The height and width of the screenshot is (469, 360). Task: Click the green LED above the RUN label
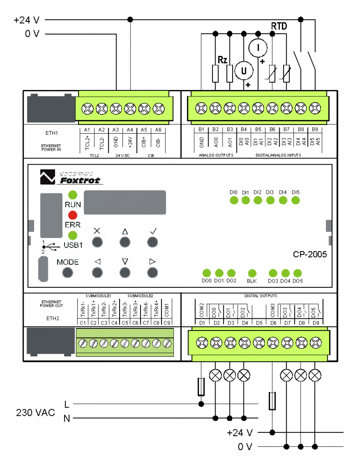[x=73, y=195]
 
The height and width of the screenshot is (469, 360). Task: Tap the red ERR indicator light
[x=73, y=215]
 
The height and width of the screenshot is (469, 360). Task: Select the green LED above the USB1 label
[x=73, y=235]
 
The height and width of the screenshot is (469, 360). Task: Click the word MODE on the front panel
[x=67, y=262]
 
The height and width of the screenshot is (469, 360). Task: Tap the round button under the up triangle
[x=125, y=242]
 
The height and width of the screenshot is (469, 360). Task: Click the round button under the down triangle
[x=125, y=272]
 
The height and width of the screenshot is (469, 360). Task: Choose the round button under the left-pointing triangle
[x=97, y=272]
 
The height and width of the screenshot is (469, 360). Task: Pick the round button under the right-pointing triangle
[x=152, y=272]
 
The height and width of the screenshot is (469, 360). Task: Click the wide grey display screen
[x=125, y=202]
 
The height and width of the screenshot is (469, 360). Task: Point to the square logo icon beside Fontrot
[x=48, y=176]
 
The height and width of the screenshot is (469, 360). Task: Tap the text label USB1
[x=73, y=245]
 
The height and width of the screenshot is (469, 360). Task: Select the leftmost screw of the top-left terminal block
[x=88, y=108]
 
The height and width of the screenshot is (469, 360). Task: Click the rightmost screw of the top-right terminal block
[x=315, y=108]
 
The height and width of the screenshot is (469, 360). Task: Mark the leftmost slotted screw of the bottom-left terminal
[x=83, y=344]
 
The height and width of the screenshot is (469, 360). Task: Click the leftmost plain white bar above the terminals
[x=215, y=73]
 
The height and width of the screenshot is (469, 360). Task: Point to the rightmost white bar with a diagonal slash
[x=286, y=73]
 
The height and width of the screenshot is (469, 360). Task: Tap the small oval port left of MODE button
[x=43, y=269]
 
